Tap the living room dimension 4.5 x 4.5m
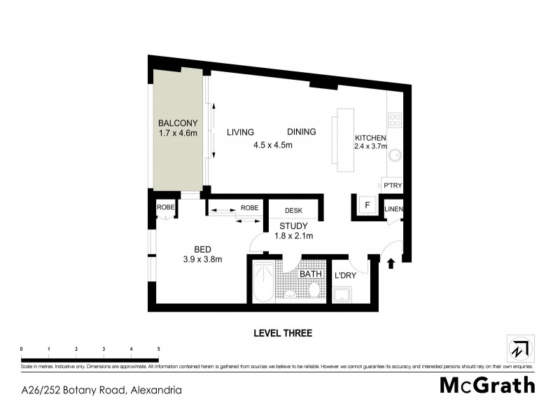272,145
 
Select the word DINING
301,132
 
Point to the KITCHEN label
370,137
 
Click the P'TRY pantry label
392,185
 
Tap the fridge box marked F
365,206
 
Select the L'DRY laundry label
345,276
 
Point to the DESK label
293,209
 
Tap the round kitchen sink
394,155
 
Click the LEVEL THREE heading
283,333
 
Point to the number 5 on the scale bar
158,349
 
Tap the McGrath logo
487,385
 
